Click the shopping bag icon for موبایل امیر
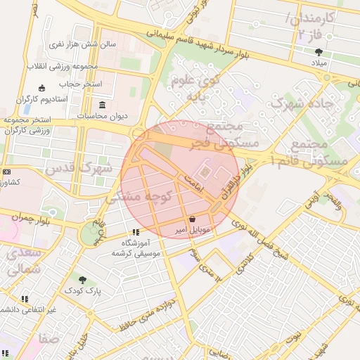(192, 219)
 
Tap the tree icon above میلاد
(319, 51)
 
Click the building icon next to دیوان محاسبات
(103, 105)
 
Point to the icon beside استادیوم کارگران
(41, 88)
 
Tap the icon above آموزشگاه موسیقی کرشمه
(135, 233)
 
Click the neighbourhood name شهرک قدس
(78, 169)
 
